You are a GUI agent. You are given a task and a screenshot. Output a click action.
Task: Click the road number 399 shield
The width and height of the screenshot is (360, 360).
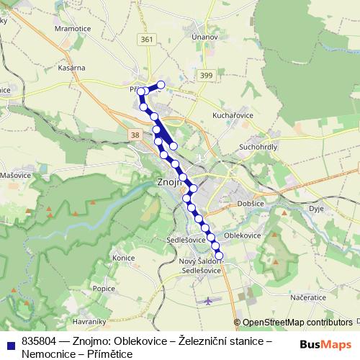207,75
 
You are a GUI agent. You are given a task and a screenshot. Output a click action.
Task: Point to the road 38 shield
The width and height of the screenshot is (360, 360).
135,135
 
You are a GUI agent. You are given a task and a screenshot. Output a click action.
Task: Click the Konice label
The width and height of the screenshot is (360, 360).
124,257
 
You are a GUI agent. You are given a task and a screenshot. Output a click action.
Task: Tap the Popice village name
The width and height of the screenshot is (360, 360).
104,288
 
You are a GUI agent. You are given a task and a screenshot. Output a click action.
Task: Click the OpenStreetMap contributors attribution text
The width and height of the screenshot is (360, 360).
297,323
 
